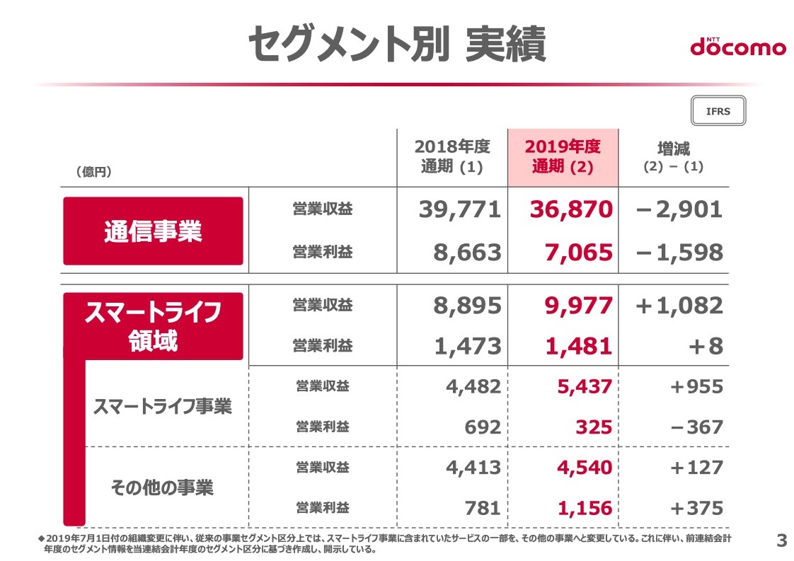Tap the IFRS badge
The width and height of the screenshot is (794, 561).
[718, 111]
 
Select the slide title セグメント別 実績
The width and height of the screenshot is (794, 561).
[397, 44]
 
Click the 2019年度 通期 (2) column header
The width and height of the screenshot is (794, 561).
[563, 156]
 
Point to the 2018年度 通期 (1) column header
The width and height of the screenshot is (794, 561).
[452, 156]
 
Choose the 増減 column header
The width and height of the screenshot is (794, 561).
[674, 157]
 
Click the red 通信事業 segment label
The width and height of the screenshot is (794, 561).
[153, 231]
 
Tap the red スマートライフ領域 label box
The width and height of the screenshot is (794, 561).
[153, 326]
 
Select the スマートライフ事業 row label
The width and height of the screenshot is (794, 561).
[163, 407]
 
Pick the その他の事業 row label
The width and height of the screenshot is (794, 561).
[163, 487]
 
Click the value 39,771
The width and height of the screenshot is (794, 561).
[460, 209]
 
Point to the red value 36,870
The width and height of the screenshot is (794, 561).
[571, 209]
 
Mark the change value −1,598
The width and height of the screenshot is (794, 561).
[679, 253]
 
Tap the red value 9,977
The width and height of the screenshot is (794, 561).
[579, 306]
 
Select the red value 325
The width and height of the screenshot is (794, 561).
[594, 427]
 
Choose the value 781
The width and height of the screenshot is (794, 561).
[483, 508]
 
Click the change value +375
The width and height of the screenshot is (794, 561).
[697, 508]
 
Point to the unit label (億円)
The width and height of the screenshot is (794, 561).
[93, 172]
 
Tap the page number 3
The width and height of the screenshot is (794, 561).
[782, 540]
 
